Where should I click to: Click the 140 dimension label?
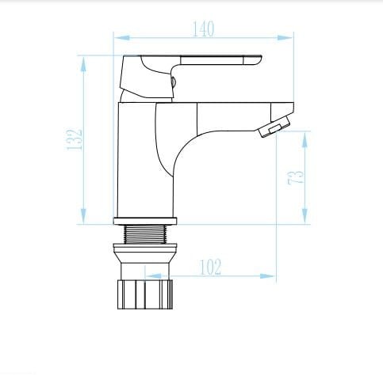pos(203,28)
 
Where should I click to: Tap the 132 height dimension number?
pos(75,139)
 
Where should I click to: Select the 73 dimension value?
pos(296,177)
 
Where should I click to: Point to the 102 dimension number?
pos(210,267)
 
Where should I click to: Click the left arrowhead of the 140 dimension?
pos(122,38)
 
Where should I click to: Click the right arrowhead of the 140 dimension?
pos(285,38)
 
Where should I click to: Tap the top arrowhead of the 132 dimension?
pos(83,64)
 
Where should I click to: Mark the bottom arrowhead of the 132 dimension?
pos(83,216)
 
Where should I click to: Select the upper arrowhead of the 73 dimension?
pos(305,139)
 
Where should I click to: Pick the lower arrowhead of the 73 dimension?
pos(305,216)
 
